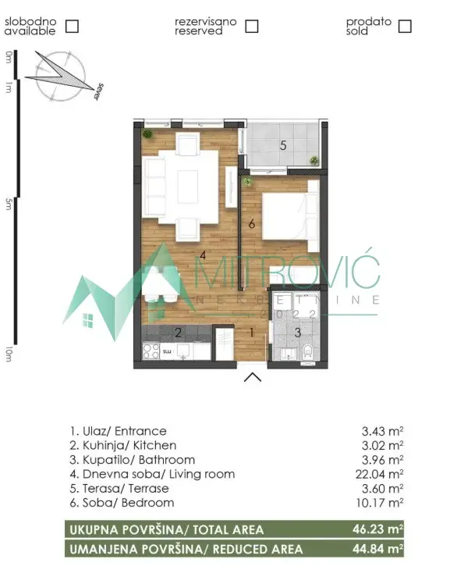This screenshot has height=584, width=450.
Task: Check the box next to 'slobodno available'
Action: click(72, 26)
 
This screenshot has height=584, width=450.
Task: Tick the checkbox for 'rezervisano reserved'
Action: click(251, 26)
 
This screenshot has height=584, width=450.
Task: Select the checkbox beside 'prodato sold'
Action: click(404, 26)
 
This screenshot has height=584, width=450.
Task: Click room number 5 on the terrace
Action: click(283, 145)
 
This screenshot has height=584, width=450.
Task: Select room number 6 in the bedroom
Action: click(251, 224)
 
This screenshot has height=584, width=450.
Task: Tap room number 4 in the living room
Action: click(202, 255)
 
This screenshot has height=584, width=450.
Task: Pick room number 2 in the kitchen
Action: click(178, 333)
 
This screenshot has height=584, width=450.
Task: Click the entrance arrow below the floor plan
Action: click(252, 379)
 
